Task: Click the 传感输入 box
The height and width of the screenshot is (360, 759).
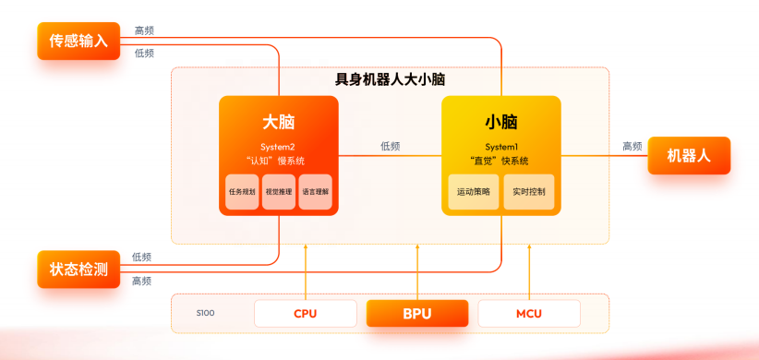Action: (x=78, y=42)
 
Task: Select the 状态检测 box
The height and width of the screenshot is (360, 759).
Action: (x=78, y=270)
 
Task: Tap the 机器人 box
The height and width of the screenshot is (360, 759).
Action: (x=689, y=156)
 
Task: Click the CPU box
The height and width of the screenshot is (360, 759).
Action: (x=305, y=314)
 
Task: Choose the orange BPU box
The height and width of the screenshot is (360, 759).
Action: (x=417, y=314)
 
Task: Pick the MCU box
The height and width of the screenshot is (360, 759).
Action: (x=529, y=314)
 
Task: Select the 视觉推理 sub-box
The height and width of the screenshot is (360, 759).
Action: (x=278, y=192)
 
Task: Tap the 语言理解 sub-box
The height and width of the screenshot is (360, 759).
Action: (x=315, y=192)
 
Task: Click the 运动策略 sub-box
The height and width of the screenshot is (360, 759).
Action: (x=474, y=192)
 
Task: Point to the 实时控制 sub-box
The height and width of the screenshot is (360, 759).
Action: (x=529, y=192)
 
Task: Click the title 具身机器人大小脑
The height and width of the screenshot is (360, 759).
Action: (x=391, y=79)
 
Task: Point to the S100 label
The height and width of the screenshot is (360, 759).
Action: (x=205, y=314)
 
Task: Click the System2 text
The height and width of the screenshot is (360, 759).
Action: (x=278, y=146)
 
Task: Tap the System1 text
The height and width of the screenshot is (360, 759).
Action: (x=500, y=147)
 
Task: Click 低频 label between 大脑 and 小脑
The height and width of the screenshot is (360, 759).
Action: (x=390, y=146)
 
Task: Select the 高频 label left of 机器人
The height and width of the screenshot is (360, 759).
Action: (x=632, y=146)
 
